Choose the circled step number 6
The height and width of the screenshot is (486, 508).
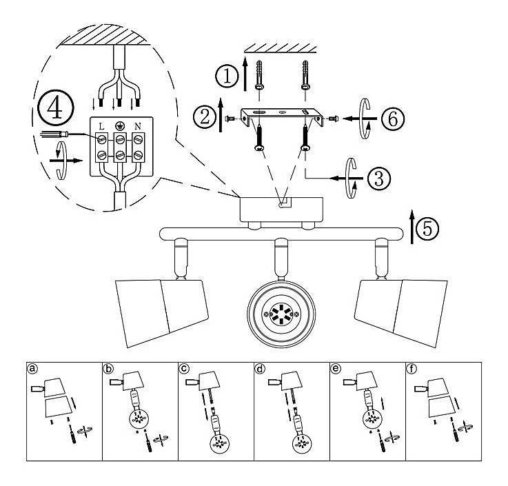click(391, 119)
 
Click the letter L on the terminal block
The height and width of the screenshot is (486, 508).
click(101, 127)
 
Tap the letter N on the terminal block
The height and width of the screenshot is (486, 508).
click(138, 127)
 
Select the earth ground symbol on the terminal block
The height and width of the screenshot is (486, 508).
click(119, 126)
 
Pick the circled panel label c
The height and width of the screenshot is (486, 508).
click(184, 368)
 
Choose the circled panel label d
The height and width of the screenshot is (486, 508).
click(260, 368)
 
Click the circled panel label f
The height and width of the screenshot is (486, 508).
click(412, 368)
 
